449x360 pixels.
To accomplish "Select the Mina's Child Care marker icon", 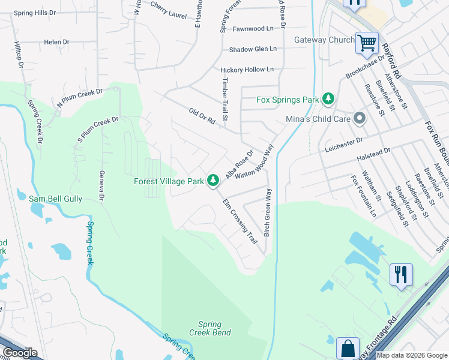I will tap(360, 118).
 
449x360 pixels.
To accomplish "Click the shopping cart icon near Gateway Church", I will tap(367, 43).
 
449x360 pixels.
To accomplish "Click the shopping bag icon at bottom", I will tap(348, 348).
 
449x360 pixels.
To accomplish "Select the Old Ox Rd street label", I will tap(202, 116).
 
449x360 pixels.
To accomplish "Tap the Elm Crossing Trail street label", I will tap(240, 221).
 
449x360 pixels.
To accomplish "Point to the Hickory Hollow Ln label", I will tap(247, 70).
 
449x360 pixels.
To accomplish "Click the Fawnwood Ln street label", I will tap(253, 28).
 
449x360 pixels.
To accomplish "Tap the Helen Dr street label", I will tap(56, 43).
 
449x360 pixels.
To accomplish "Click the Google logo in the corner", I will tap(20, 353).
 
